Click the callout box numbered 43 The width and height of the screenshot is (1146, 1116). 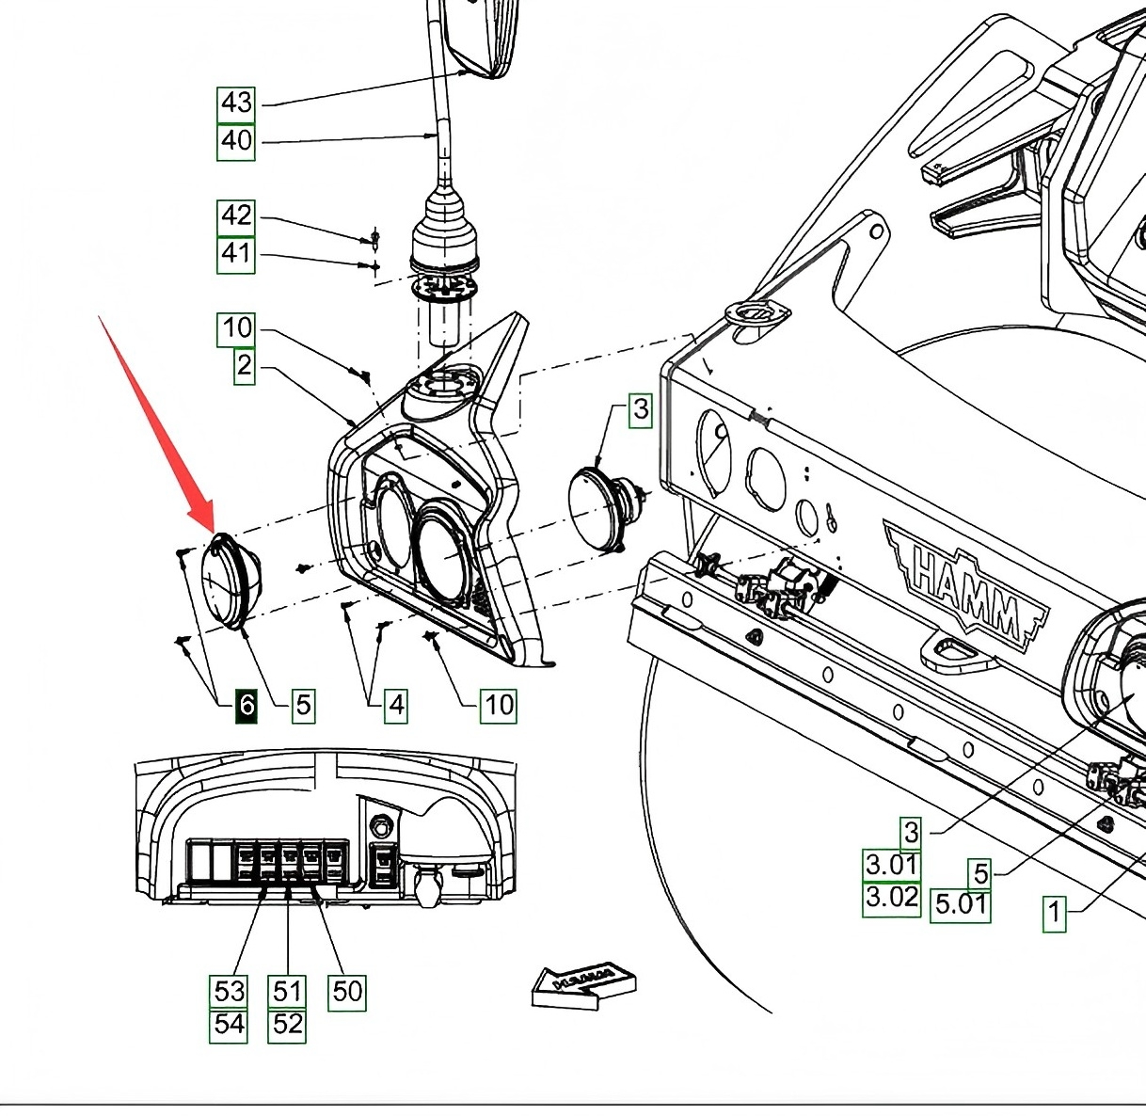click(236, 104)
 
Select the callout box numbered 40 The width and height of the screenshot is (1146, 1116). click(236, 142)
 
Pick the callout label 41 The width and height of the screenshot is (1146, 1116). click(236, 255)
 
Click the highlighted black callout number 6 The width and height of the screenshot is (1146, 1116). click(247, 706)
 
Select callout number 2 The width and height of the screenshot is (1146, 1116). click(245, 366)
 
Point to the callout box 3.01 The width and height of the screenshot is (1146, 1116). click(892, 865)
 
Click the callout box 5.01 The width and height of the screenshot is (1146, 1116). click(961, 905)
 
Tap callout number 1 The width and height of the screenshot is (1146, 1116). click(1054, 914)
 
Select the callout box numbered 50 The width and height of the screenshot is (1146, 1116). click(347, 992)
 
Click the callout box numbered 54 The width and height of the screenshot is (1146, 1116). click(229, 1026)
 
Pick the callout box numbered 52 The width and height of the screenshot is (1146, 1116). click(287, 1026)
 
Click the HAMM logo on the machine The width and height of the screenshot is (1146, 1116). click(965, 589)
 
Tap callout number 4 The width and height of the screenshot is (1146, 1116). click(396, 706)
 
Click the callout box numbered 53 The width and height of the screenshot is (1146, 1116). click(229, 992)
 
